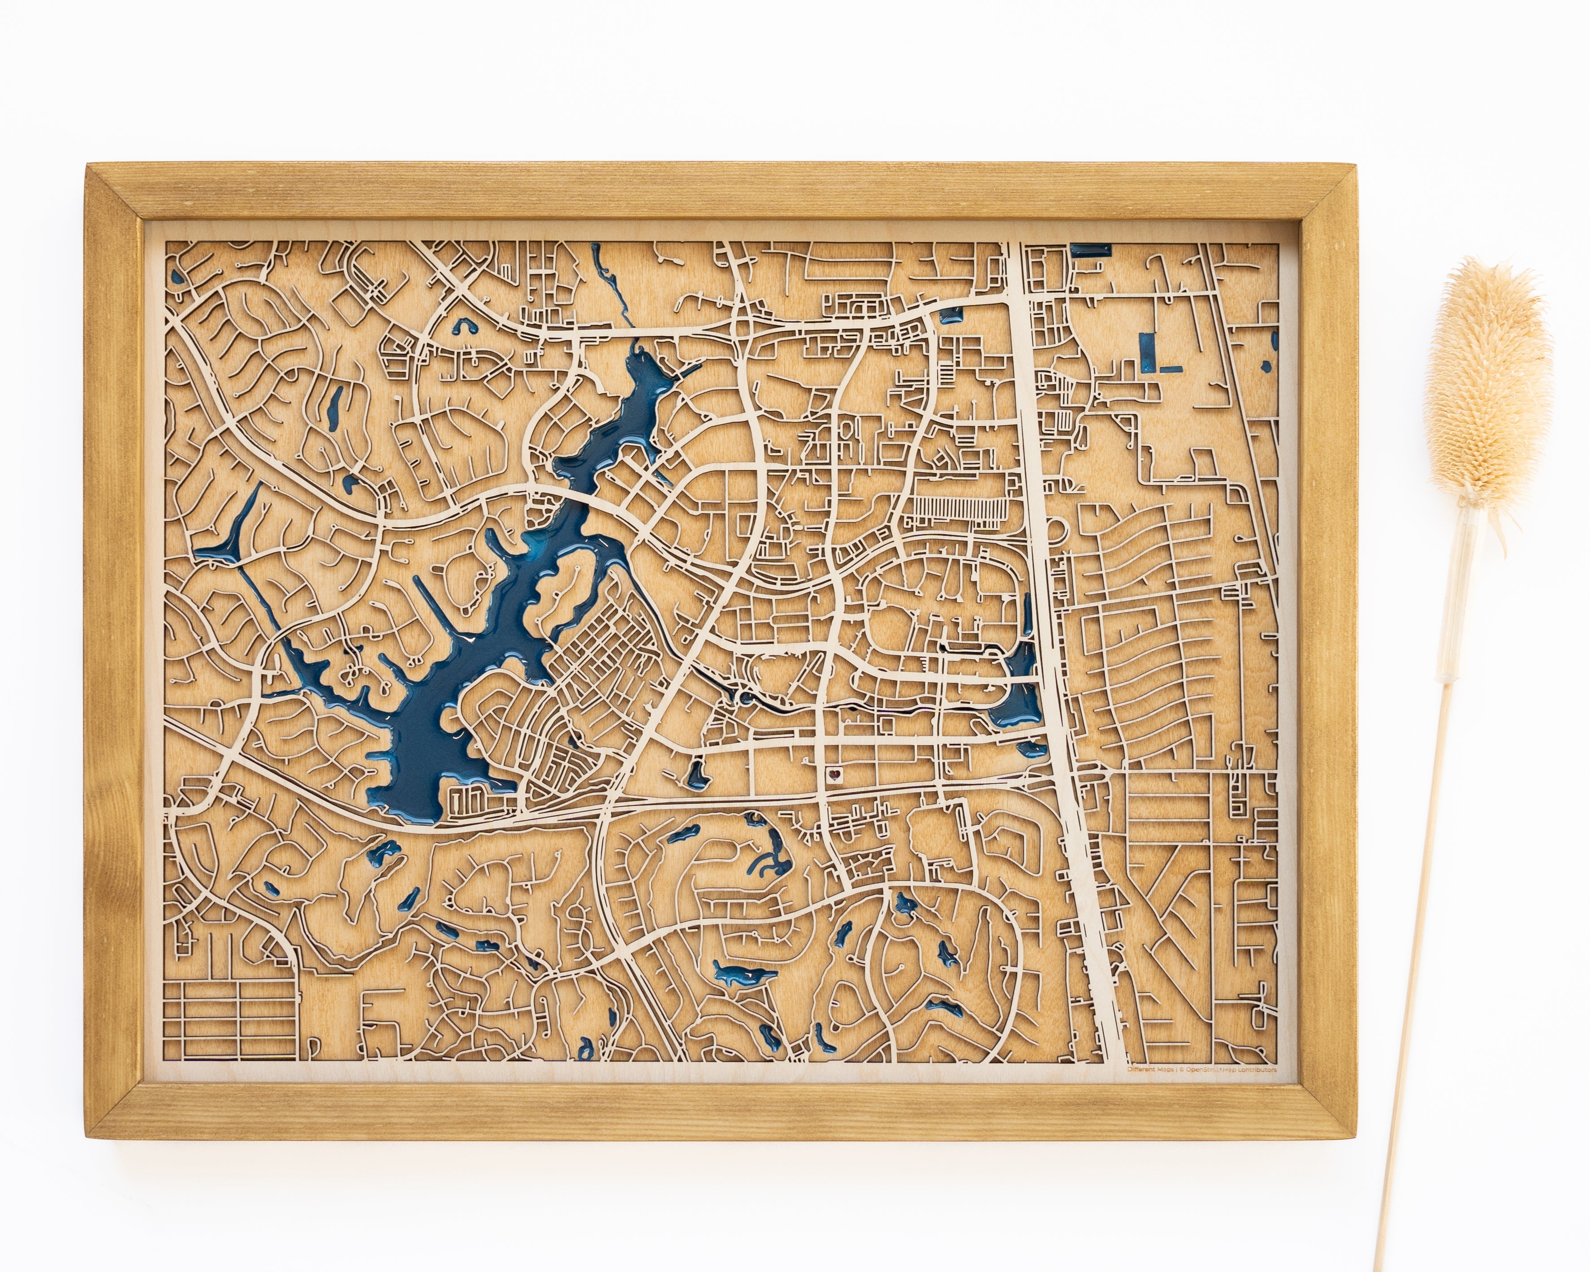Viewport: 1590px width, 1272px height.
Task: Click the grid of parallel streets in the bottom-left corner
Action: pos(229,1017)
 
